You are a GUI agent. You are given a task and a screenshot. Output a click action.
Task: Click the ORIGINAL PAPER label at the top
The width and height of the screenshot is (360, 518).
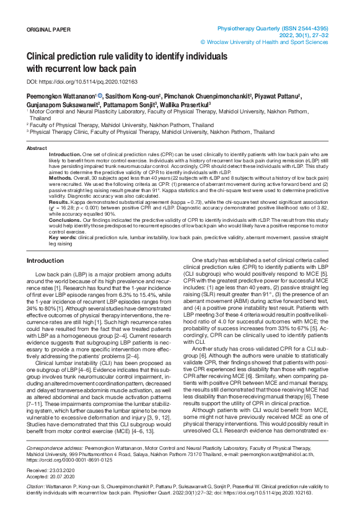tap(48, 30)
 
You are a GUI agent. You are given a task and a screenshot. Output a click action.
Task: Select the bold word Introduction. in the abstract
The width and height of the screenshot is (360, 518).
tap(64, 154)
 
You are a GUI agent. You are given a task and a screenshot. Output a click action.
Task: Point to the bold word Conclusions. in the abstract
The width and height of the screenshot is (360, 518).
tap(64, 219)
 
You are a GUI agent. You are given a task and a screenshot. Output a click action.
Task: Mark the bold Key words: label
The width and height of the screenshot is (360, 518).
tap(63, 237)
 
